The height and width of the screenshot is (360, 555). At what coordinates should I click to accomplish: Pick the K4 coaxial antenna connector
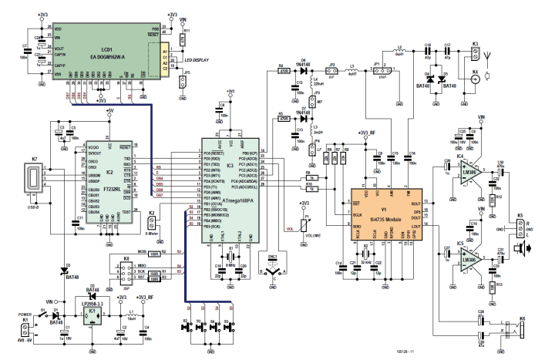coord(475,79)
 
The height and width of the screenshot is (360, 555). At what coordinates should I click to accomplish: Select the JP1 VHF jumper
coord(379,75)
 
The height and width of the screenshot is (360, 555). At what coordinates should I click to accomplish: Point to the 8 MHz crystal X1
coord(229,257)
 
